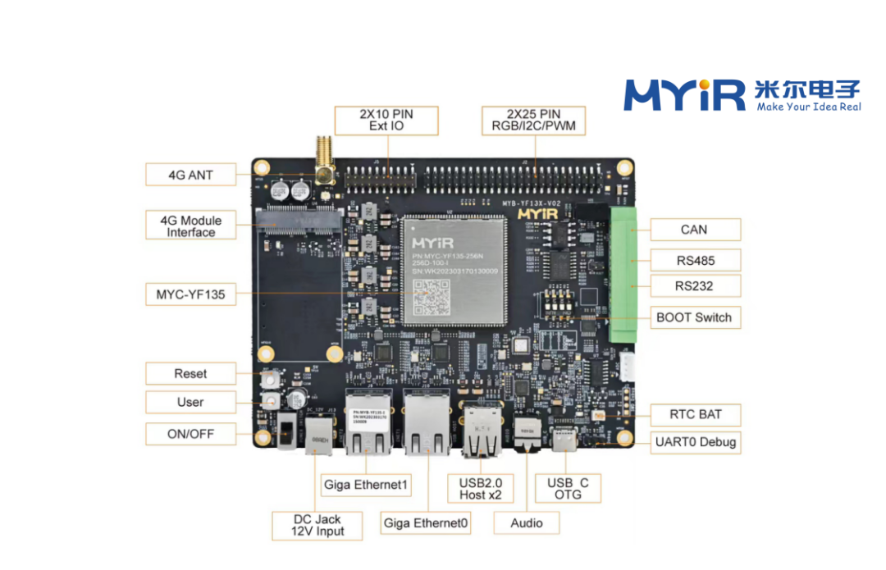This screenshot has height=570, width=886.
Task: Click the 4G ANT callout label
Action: coord(190,175)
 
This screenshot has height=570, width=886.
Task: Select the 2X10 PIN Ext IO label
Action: coord(386,121)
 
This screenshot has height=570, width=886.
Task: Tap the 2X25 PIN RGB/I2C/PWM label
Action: coord(533,121)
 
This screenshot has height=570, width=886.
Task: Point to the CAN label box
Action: coord(694,230)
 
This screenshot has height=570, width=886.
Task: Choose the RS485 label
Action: coord(694,261)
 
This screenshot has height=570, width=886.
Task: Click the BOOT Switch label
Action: coord(694,317)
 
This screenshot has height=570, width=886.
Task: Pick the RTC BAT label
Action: coord(694,414)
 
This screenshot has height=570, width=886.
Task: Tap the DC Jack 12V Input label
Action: coord(317,525)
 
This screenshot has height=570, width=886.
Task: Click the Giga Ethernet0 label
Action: coord(426,523)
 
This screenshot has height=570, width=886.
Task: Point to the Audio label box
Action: coord(526,523)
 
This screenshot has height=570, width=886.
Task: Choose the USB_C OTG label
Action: coord(568,488)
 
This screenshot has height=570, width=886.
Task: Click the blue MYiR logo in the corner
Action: coord(684,95)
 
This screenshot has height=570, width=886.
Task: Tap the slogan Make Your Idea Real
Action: coord(808,107)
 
